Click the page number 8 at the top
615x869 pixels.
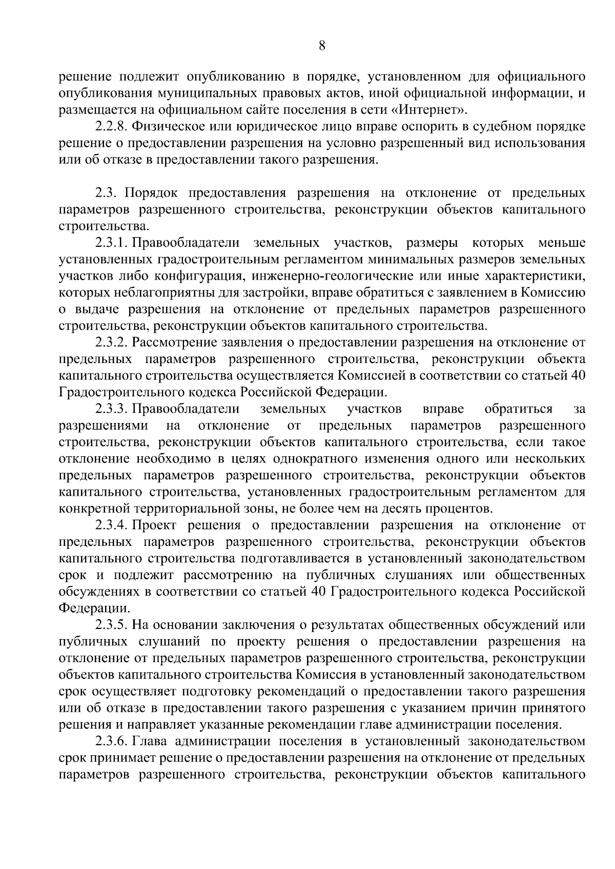coord(322,46)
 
